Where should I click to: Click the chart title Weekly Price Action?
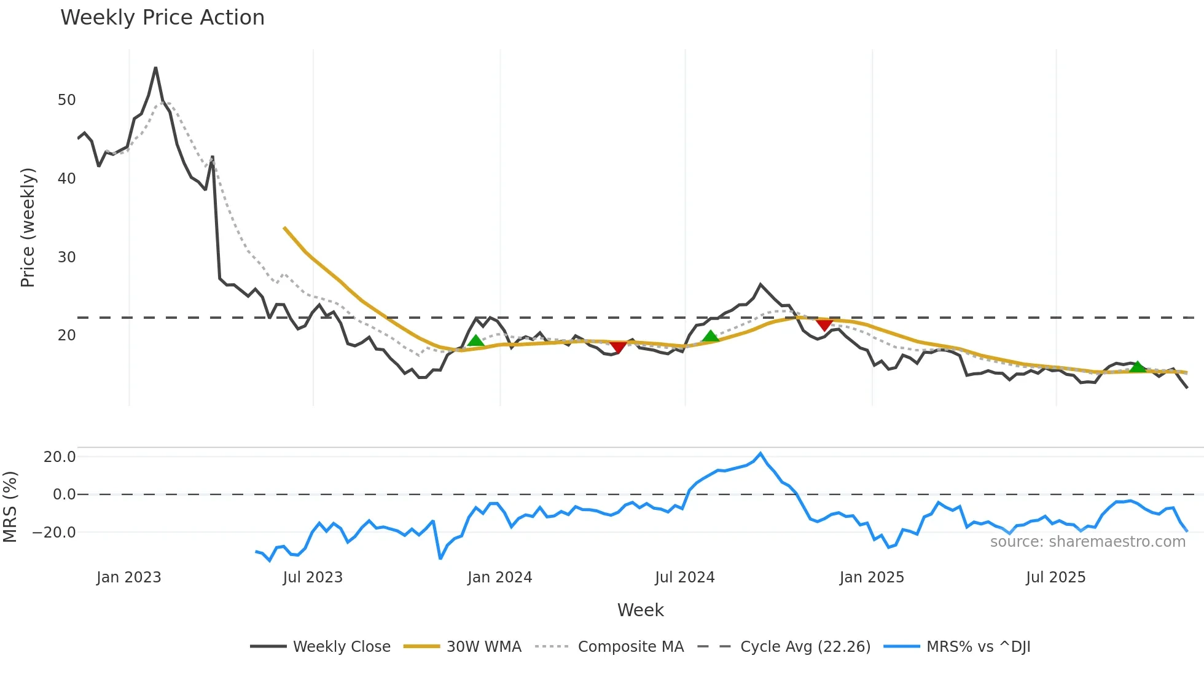(x=162, y=18)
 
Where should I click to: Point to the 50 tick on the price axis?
(x=66, y=100)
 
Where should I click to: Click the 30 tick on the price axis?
(x=66, y=257)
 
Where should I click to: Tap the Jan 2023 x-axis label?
(x=128, y=577)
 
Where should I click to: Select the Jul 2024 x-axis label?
(x=684, y=577)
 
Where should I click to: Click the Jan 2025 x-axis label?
(x=872, y=577)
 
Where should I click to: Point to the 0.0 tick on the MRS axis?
(x=64, y=495)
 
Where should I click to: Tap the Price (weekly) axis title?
(x=28, y=228)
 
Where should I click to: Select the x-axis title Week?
(x=640, y=610)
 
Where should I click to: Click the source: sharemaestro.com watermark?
(x=1087, y=542)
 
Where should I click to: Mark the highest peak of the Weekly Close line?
(x=156, y=68)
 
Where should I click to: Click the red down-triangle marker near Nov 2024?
(x=824, y=324)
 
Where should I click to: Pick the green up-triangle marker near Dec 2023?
(x=475, y=341)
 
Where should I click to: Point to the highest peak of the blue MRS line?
(x=760, y=453)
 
